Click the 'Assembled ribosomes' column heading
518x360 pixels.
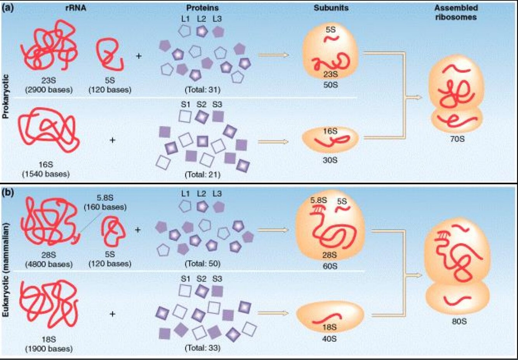tap(456, 12)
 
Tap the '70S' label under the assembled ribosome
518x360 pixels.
tap(457, 138)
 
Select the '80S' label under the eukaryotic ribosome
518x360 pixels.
tap(459, 321)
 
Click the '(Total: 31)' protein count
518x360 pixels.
tap(202, 90)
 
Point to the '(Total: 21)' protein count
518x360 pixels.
tap(202, 175)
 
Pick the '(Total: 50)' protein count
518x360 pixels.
tap(202, 264)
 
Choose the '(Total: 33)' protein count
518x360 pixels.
tap(202, 348)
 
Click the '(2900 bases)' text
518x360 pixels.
tap(49, 90)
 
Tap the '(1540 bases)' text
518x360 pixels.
tap(46, 174)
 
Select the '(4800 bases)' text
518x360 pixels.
tap(49, 264)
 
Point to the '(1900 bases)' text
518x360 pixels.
tap(49, 348)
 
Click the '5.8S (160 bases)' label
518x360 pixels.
tap(105, 202)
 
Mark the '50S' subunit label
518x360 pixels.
tap(330, 85)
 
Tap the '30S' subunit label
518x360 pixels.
tap(330, 160)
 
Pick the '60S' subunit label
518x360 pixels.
tap(330, 266)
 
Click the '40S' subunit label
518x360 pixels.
tap(329, 339)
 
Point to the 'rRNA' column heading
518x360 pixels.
tap(76, 8)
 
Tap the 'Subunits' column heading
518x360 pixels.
tap(331, 8)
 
